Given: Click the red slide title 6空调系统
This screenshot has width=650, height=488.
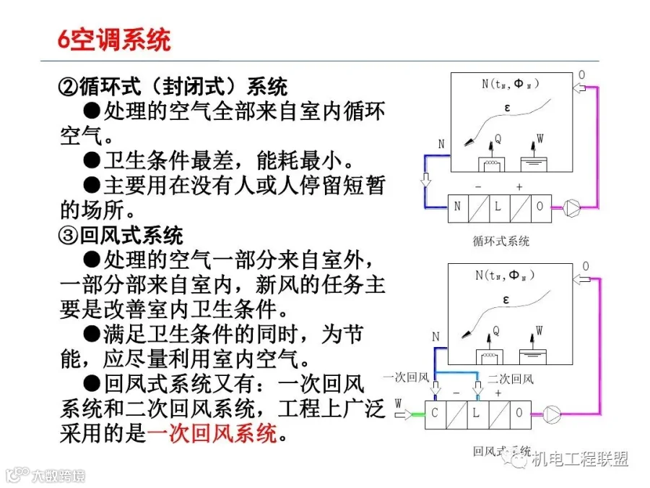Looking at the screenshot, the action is [114, 40].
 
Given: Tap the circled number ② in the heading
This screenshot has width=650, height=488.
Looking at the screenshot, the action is [69, 87].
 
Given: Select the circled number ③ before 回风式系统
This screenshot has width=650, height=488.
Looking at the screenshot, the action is [69, 235].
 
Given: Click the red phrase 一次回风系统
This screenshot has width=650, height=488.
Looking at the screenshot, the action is [212, 434].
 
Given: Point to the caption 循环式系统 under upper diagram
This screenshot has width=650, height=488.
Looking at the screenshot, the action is [500, 241].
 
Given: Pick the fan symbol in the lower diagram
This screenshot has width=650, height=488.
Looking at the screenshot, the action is [552, 414].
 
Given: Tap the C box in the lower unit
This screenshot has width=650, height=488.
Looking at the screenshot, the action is [435, 414].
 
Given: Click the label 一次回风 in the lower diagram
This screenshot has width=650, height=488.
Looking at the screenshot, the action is [406, 377].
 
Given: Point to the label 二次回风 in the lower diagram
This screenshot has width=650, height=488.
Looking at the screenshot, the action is [511, 379].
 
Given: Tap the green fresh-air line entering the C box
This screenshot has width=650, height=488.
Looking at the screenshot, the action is [418, 414].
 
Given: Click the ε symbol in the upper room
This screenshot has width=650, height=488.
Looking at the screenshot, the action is [507, 108].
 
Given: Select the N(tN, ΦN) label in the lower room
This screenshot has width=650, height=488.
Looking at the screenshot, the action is [505, 275].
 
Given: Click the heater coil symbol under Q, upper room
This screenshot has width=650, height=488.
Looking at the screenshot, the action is [492, 164].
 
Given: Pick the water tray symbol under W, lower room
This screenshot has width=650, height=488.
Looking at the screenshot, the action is [533, 356].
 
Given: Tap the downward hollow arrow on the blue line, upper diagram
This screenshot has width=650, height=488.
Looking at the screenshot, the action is [425, 180].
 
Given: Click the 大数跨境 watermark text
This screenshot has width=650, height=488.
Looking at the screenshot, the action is [58, 475].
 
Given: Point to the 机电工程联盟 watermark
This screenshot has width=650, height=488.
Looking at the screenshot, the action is [580, 459].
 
